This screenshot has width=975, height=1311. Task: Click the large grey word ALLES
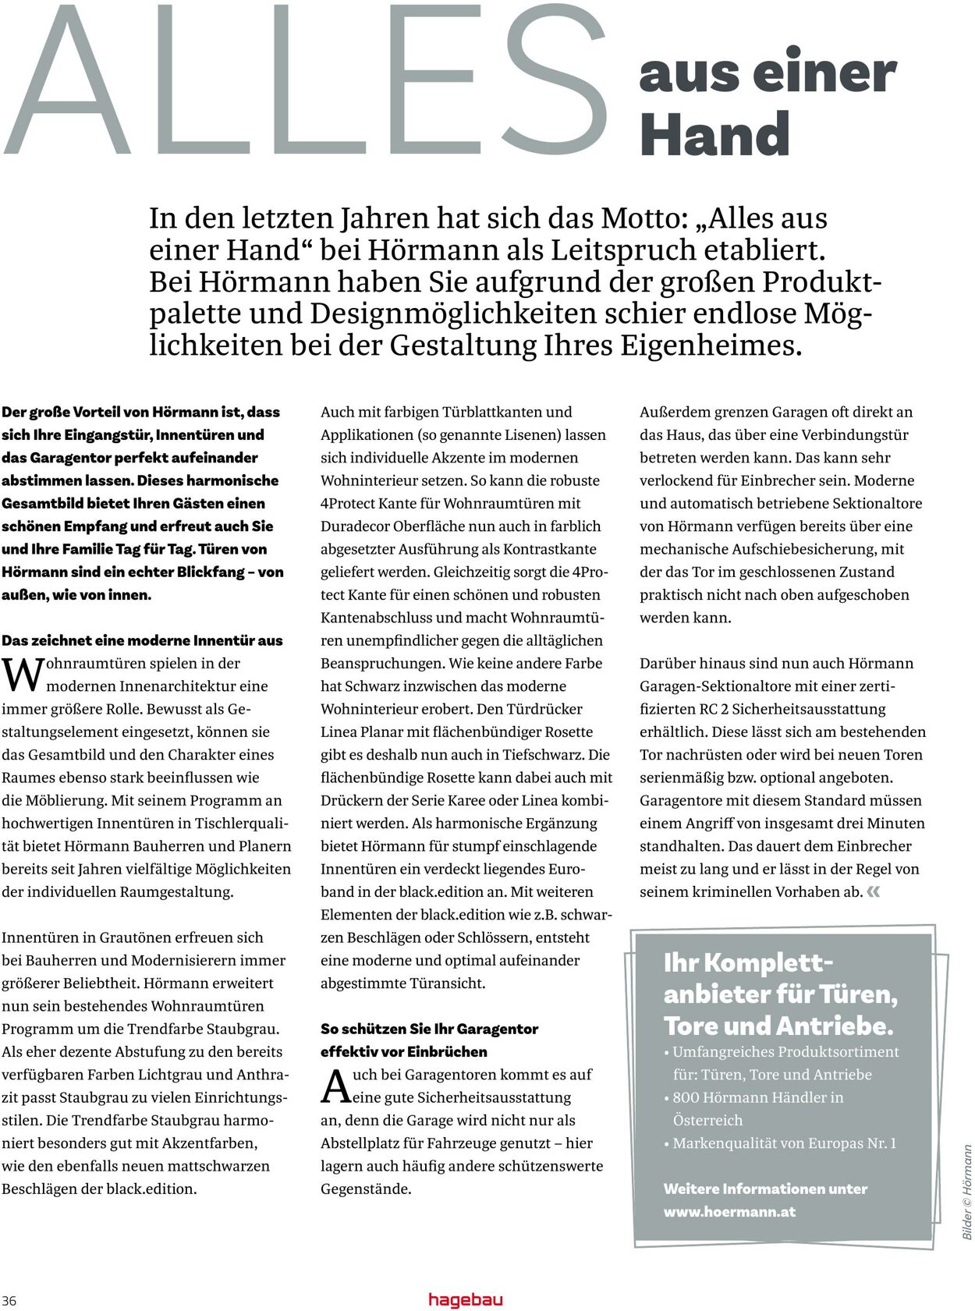click(304, 82)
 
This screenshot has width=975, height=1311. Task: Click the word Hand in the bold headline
click(714, 135)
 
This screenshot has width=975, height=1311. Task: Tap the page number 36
click(9, 1300)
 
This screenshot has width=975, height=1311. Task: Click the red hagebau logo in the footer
click(466, 1299)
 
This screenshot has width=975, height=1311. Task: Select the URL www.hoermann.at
click(729, 1212)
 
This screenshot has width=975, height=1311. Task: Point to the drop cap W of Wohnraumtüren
click(22, 675)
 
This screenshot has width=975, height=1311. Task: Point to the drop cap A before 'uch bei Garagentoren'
click(336, 1086)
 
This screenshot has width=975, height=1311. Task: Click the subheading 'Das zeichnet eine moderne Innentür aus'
click(142, 640)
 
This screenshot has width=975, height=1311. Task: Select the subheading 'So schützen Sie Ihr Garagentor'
click(429, 1029)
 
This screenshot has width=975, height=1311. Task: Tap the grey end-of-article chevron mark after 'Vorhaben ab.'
click(873, 891)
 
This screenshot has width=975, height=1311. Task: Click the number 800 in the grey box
click(686, 1097)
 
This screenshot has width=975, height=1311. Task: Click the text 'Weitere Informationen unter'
click(765, 1189)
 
